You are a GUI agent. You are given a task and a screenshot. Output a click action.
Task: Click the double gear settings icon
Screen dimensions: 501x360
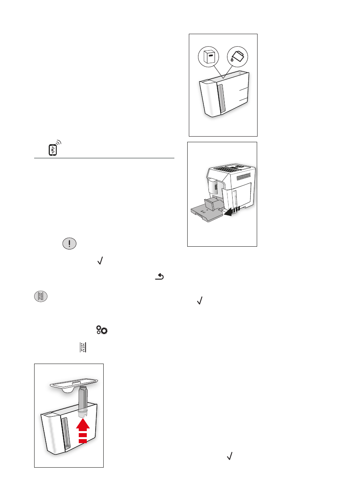click(102, 330)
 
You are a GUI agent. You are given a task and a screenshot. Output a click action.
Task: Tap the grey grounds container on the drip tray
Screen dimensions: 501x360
click(212, 204)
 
